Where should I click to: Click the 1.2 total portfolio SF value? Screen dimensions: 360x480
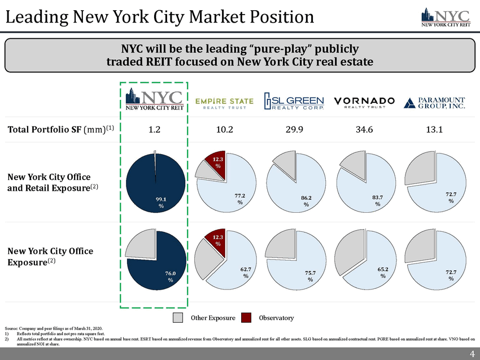tap(154, 129)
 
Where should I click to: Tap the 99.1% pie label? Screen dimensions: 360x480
tap(161, 202)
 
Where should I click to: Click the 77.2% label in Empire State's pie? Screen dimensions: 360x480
tap(240, 199)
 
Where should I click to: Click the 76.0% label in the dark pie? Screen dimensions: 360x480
tap(170, 276)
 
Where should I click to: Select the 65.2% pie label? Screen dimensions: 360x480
tap(382, 273)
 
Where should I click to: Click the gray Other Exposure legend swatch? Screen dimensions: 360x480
tap(178, 318)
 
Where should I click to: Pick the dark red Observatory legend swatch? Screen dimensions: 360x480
tap(246, 318)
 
